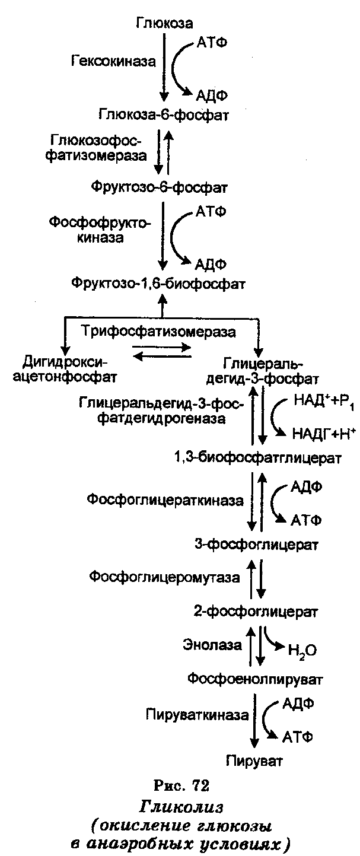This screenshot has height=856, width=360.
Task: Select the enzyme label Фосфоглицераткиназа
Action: click(x=165, y=500)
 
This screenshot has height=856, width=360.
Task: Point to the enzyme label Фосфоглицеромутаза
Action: click(x=164, y=577)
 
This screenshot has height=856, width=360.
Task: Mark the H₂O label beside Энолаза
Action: click(x=302, y=651)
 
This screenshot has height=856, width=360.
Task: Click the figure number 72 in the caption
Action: click(x=200, y=787)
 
